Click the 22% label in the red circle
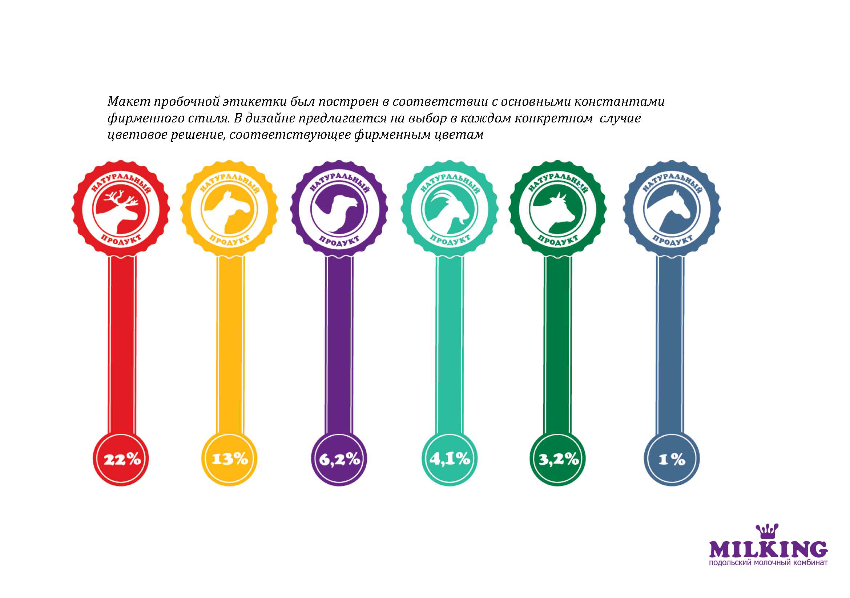click(x=122, y=459)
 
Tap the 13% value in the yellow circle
click(x=230, y=459)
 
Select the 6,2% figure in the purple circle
click(x=339, y=459)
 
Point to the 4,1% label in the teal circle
click(x=450, y=459)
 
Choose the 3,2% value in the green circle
click(x=558, y=459)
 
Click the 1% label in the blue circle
click(x=672, y=460)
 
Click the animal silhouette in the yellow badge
click(x=233, y=211)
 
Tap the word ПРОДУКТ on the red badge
click(x=121, y=240)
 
